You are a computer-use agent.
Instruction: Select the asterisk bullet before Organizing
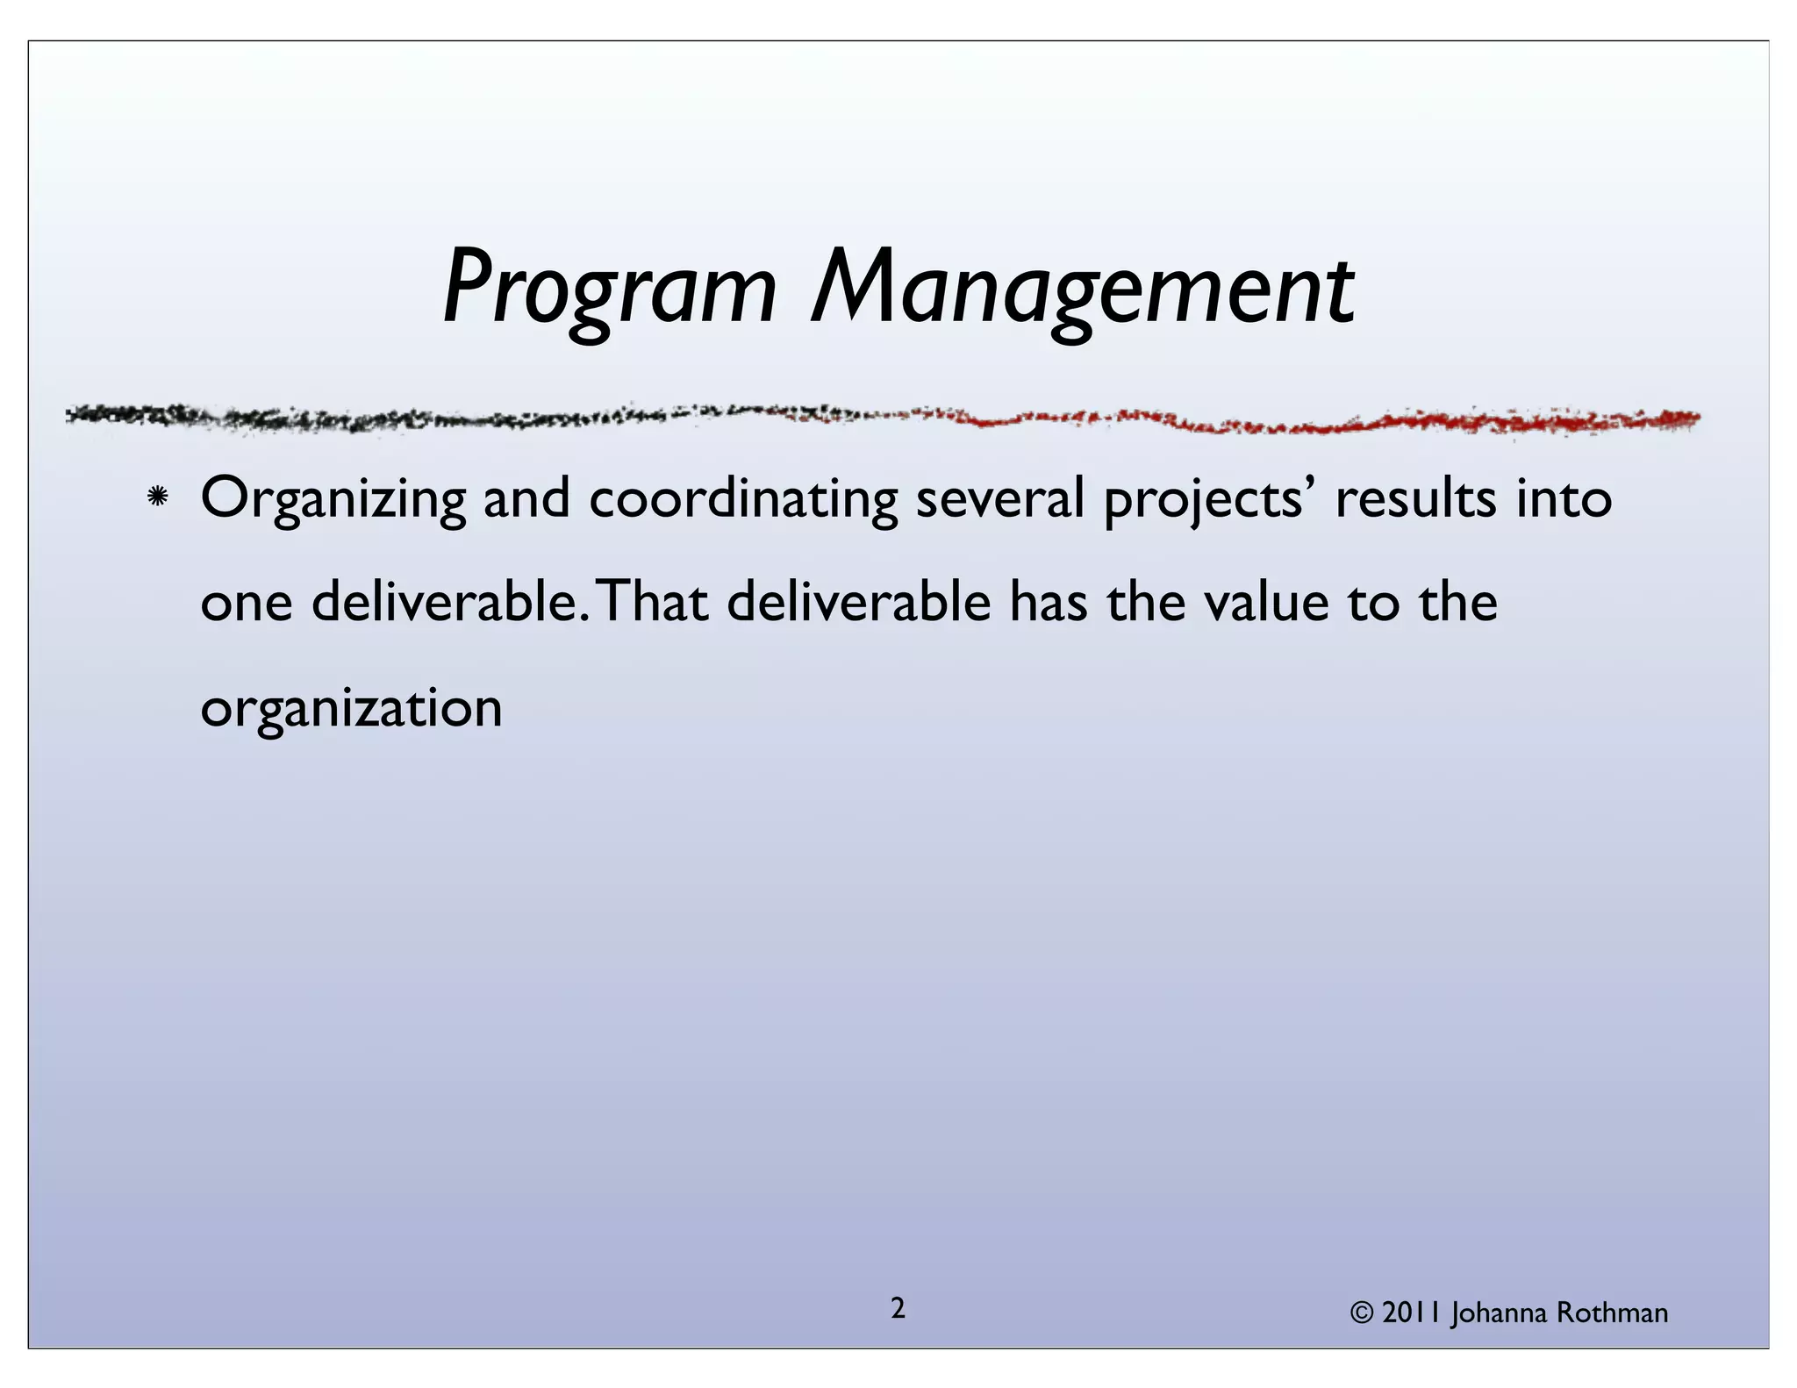pyautogui.click(x=158, y=497)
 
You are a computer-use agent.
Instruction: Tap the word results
pyautogui.click(x=1416, y=498)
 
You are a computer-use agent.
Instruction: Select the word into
pyautogui.click(x=1564, y=497)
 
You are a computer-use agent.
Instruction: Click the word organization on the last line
pyautogui.click(x=351, y=709)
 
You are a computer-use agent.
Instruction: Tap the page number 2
pyautogui.click(x=898, y=1308)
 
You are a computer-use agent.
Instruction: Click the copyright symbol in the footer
pyautogui.click(x=1362, y=1313)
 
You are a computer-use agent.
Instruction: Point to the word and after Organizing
pyautogui.click(x=526, y=498)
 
